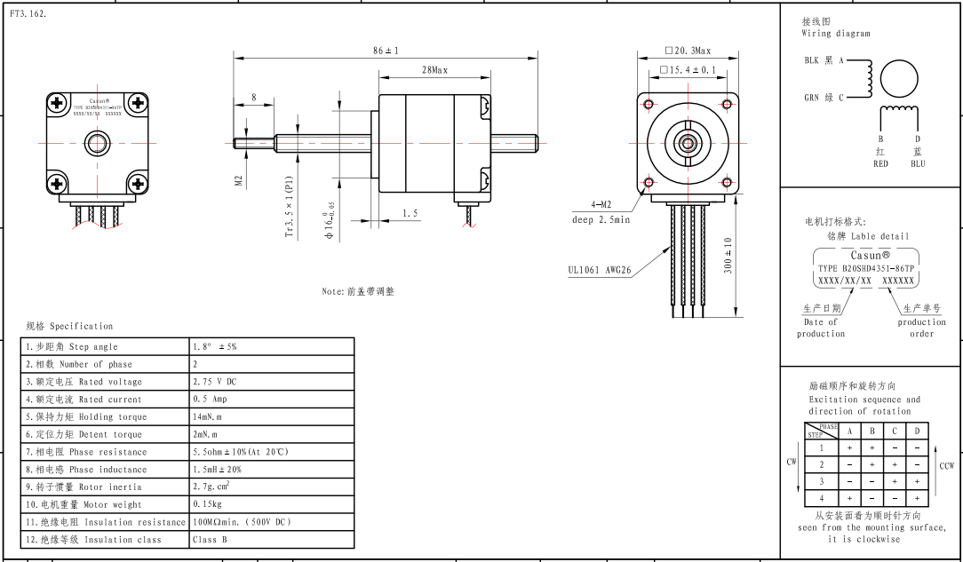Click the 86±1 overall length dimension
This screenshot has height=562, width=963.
coord(386,51)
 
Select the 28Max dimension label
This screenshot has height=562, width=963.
coord(434,70)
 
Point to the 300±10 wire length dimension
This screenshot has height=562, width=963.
coord(728,256)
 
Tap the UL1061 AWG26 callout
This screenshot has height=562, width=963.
coord(600,271)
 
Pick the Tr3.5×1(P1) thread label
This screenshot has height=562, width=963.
coord(289,206)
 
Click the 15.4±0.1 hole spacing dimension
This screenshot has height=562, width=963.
coord(688,69)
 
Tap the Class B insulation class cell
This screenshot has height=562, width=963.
coord(204,539)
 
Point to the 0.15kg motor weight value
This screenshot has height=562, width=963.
coord(207,504)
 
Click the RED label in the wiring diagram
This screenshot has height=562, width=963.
coord(880,163)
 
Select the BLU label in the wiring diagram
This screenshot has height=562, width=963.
coord(918,163)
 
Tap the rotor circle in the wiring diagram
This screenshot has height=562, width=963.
coord(899,78)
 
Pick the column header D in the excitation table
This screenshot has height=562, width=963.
coord(918,431)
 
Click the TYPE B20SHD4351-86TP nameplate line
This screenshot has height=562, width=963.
coord(866,267)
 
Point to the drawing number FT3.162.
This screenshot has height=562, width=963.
coord(28,14)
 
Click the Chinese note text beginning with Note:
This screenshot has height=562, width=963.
coord(358,291)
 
